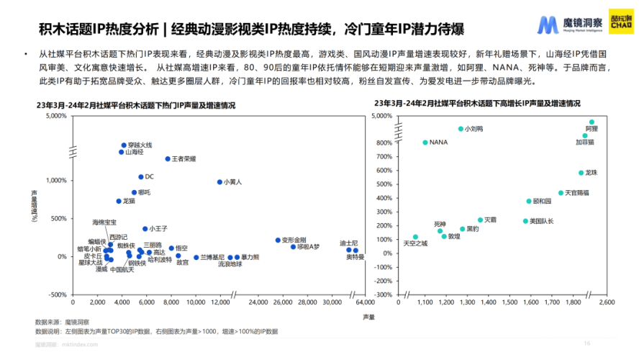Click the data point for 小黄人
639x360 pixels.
[219, 182]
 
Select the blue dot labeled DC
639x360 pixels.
[141, 176]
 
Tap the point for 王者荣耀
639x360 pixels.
[168, 158]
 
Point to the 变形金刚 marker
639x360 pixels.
[278, 240]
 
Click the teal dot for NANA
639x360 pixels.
[425, 143]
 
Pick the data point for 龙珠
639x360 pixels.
[581, 173]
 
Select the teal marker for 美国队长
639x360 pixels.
[525, 221]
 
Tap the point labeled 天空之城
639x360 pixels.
[415, 237]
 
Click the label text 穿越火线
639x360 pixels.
[140, 145]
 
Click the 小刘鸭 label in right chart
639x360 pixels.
[474, 129]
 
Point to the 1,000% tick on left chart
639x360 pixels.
[57, 180]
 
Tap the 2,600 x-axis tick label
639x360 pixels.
[606, 303]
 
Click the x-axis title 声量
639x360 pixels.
[368, 317]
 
